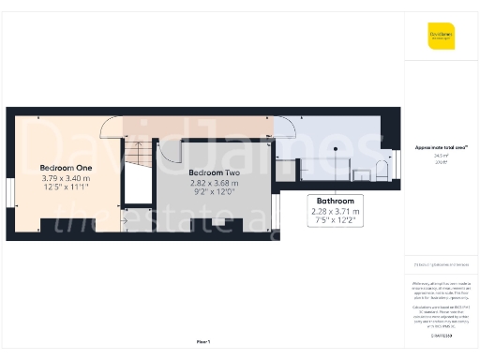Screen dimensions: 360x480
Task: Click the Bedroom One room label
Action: click(x=65, y=168)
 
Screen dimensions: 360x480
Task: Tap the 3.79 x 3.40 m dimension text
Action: click(x=65, y=177)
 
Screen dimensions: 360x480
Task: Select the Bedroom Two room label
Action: click(x=216, y=173)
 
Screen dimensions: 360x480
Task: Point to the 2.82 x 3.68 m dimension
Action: click(x=216, y=183)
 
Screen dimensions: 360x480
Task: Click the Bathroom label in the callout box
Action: click(x=335, y=202)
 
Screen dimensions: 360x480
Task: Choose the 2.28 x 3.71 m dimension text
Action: click(x=335, y=212)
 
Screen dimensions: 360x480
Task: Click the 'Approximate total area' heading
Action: click(x=440, y=147)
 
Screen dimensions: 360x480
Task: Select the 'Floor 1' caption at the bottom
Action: click(x=203, y=341)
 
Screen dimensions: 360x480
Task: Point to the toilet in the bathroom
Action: click(x=382, y=170)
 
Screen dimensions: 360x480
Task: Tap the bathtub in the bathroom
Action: click(x=323, y=170)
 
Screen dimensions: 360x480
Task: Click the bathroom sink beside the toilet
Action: click(x=363, y=172)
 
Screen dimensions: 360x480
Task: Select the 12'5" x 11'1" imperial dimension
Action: click(x=65, y=187)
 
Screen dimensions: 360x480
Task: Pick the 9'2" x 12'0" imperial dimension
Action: click(x=216, y=192)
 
